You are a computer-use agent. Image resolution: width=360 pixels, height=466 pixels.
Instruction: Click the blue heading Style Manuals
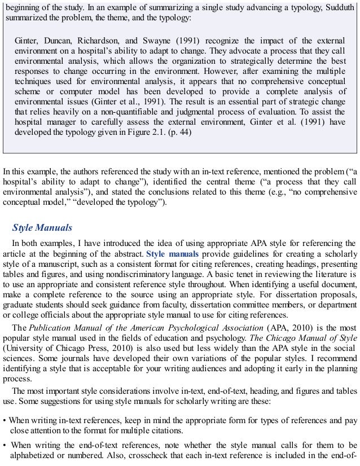42,228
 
